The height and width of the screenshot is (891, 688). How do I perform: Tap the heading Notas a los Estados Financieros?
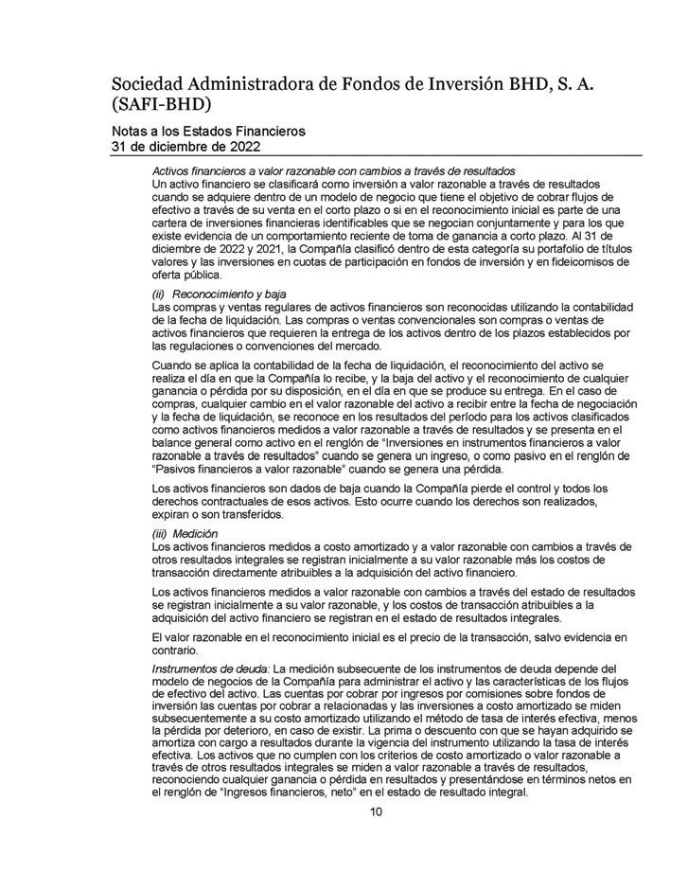208,132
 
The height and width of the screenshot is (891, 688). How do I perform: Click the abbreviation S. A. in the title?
582,83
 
